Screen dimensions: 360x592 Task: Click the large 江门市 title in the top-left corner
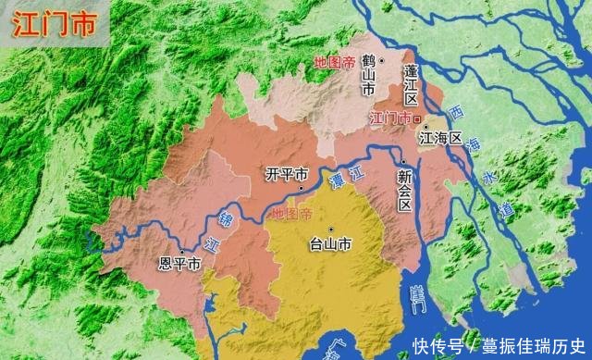pyautogui.click(x=54, y=25)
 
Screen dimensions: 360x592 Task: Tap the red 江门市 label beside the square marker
pyautogui.click(x=388, y=119)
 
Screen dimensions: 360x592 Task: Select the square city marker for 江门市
pyautogui.click(x=417, y=119)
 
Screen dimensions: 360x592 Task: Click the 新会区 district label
pyautogui.click(x=404, y=189)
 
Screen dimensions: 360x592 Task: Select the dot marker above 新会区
pyautogui.click(x=404, y=163)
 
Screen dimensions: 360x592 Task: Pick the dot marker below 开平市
pyautogui.click(x=302, y=188)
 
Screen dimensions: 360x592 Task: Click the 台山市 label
pyautogui.click(x=330, y=245)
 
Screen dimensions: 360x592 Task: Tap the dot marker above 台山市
pyautogui.click(x=330, y=229)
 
